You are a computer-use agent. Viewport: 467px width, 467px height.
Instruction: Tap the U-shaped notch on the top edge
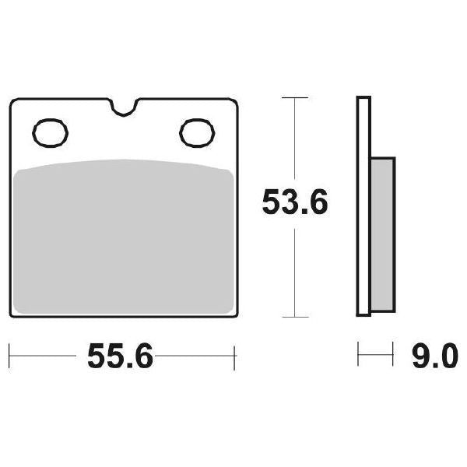[x=124, y=107]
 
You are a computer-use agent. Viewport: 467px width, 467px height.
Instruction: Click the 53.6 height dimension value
[x=295, y=204]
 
